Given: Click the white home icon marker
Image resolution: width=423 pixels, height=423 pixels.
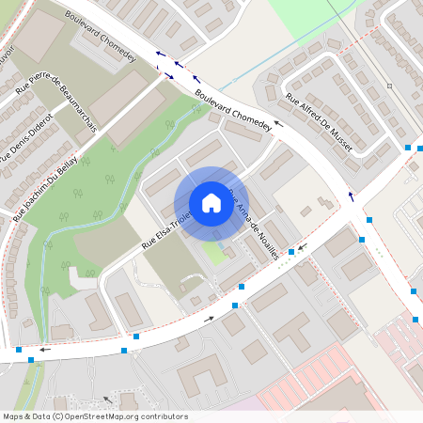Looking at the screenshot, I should [x=211, y=203].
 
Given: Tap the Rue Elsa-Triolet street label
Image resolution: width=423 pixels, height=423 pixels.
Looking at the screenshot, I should [x=166, y=228].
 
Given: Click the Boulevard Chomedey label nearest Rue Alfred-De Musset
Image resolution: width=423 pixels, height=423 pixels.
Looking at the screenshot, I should [x=233, y=110].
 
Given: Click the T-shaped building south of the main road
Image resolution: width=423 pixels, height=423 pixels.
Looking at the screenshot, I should [x=291, y=330].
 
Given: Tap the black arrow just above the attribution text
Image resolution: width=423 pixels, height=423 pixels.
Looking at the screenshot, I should [x=107, y=399].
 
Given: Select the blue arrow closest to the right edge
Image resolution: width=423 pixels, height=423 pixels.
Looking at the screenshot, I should [x=352, y=196].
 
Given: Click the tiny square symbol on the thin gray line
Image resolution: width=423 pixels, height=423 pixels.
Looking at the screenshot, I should [x=389, y=86].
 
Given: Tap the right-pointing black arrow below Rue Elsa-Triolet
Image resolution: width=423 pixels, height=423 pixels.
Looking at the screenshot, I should [x=209, y=319].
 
